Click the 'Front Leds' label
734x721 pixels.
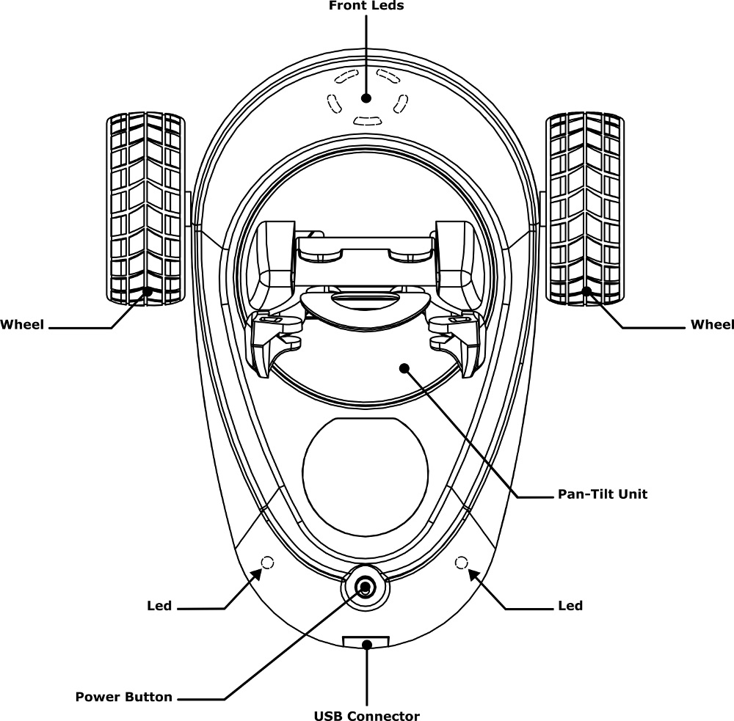(366, 6)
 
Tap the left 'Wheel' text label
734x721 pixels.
(22, 325)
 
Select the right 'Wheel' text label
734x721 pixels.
(711, 325)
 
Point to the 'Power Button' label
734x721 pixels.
(123, 697)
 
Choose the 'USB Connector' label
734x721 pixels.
(366, 716)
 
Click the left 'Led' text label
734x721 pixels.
(159, 606)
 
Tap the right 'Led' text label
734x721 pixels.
(570, 606)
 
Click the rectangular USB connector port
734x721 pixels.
(366, 643)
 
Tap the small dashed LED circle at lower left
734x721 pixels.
(266, 563)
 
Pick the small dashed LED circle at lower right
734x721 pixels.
(462, 563)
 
